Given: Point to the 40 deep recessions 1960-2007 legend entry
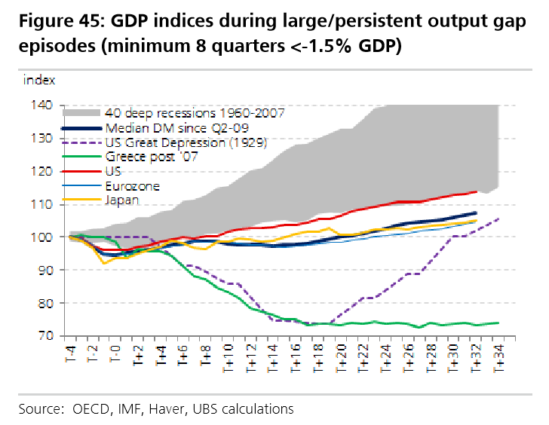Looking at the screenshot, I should click(195, 114).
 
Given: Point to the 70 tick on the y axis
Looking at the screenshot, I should click(44, 335).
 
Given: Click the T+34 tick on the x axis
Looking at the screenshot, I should click(498, 356).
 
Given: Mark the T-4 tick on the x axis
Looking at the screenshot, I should click(70, 354).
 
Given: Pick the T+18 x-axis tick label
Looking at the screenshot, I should click(318, 356).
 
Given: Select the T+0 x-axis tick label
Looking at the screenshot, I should click(115, 354).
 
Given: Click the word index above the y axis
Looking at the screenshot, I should click(38, 78).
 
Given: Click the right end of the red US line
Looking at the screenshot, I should click(475, 191).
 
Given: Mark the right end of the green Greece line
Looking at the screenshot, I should click(498, 323).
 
